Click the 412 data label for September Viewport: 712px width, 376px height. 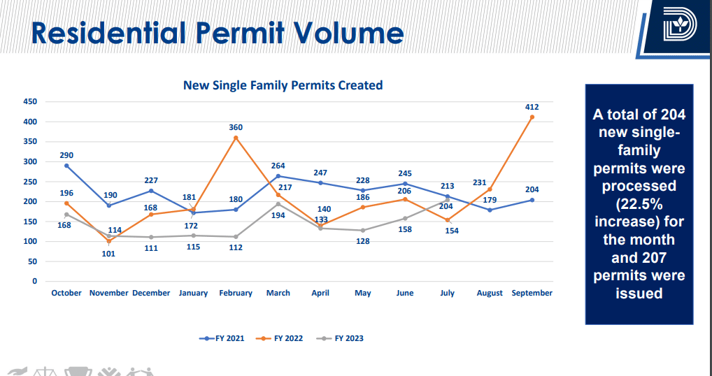pos(532,107)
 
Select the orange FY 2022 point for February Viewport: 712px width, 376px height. pos(236,138)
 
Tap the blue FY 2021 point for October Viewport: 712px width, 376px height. pos(66,166)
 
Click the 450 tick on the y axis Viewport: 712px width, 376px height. pos(29,101)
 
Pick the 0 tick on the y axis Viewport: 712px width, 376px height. pos(34,281)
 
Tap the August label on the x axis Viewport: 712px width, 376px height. pos(490,294)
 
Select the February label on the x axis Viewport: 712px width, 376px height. pos(236,294)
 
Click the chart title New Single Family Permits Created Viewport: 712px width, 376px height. pos(283,85)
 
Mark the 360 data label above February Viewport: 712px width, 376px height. pos(236,127)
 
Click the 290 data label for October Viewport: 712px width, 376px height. pos(66,155)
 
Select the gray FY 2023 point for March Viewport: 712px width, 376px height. pos(278,204)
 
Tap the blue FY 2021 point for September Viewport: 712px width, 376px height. pos(532,200)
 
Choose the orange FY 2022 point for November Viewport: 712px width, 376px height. pos(109,241)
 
